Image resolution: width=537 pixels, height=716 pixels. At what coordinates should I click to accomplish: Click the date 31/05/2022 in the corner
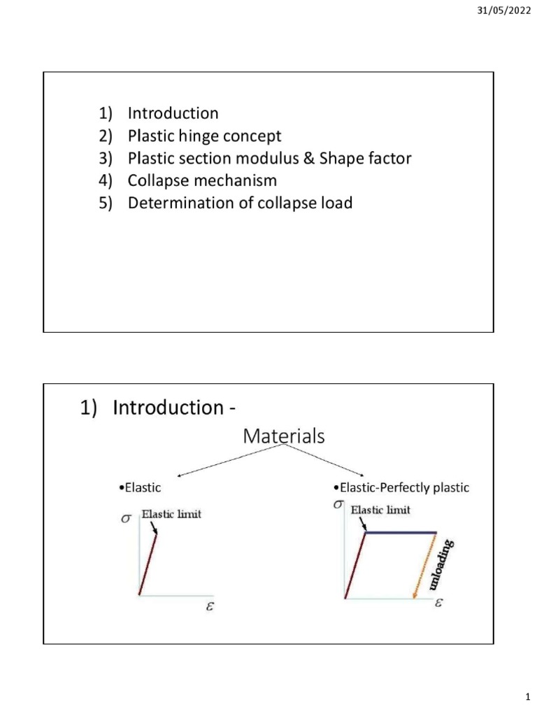[504, 10]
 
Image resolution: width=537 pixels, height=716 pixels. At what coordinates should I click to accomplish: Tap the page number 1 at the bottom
[528, 697]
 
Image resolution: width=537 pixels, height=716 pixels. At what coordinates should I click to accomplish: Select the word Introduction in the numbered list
[173, 113]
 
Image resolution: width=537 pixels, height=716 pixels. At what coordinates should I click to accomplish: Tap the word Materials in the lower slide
[284, 436]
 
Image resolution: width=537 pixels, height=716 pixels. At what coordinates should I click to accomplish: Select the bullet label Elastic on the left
[140, 487]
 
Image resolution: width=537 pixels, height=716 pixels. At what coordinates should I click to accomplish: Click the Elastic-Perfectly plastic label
[401, 487]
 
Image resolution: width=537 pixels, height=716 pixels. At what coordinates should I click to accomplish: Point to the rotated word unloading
[441, 564]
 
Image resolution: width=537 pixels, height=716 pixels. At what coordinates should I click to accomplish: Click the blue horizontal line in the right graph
[401, 532]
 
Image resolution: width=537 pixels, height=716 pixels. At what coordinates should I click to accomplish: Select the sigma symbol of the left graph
[126, 519]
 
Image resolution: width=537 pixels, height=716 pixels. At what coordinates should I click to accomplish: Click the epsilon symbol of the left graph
[210, 606]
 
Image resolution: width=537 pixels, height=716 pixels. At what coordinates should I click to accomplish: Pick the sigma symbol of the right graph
[338, 505]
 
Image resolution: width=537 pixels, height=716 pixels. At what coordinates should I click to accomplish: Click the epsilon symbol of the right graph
[438, 603]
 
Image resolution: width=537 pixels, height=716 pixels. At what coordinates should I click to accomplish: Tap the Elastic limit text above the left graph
[171, 514]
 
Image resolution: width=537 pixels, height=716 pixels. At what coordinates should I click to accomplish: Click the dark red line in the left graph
[148, 565]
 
